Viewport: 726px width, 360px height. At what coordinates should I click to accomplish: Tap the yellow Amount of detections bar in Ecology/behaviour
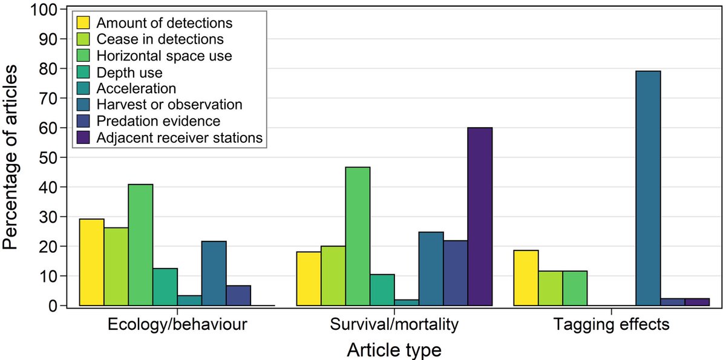coord(91,263)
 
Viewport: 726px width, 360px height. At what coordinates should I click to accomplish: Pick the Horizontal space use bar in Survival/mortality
coord(358,237)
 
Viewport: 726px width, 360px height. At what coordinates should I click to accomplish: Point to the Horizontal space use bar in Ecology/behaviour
coord(140,245)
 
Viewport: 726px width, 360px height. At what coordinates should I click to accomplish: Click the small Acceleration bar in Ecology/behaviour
coord(189,301)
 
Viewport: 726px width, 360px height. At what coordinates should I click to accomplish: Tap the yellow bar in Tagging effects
coord(526,278)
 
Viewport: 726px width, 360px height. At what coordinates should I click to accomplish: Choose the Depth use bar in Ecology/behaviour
coord(165,287)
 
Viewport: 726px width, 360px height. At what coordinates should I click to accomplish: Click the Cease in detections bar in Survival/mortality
coord(333,276)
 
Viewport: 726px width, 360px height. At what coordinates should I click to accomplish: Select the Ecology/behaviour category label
coord(177,325)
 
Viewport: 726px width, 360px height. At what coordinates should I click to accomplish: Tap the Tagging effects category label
coord(611,325)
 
